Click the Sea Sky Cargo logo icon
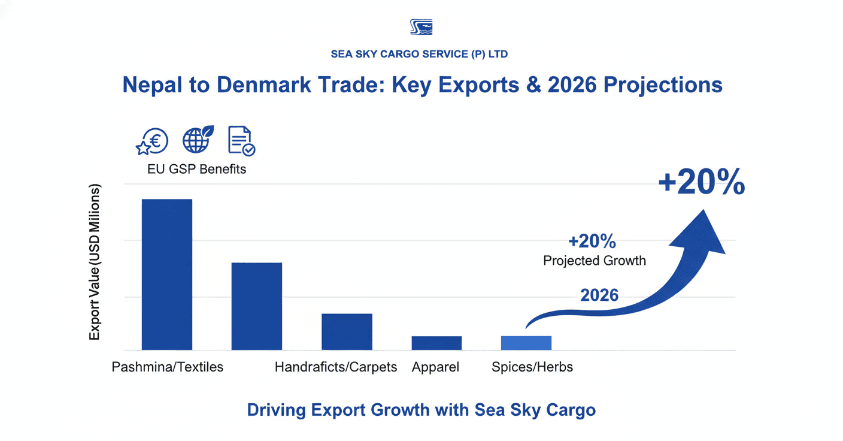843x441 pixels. pos(421,27)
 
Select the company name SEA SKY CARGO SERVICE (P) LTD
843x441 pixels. pos(419,54)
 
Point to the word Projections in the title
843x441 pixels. pos(663,84)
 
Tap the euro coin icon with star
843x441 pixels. pos(151,142)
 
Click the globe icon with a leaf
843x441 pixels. pos(198,140)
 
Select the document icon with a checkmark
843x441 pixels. pos(241,142)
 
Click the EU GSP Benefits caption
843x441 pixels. pos(197,169)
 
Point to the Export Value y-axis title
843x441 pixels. pos(95,262)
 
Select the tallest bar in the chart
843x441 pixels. pos(166,274)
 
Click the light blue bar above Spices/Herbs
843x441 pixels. pos(526,343)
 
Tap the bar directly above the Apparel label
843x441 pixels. pos(436,343)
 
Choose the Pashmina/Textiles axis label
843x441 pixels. pos(168,367)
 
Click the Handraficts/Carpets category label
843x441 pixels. pos(336,367)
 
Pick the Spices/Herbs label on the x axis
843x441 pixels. pos(532,367)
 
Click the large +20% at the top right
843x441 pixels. pos(701,182)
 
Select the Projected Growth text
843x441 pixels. pos(595,261)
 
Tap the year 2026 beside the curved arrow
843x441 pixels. pos(599,295)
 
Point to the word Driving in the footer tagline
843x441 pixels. pos(278,410)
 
